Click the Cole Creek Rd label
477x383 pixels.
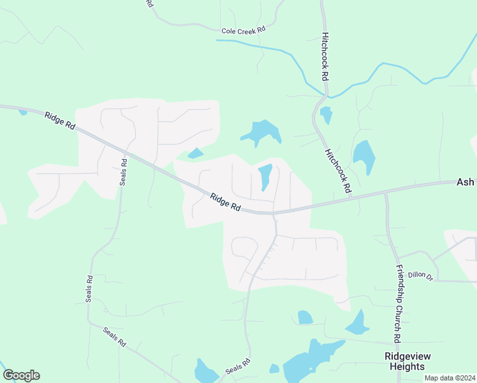[242, 31]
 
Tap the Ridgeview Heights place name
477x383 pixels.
[404, 361]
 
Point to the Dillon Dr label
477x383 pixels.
[421, 276]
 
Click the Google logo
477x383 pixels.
[21, 375]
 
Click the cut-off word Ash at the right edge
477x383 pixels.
[466, 182]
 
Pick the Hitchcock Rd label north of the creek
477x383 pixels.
[325, 56]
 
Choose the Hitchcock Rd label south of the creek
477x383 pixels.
[338, 171]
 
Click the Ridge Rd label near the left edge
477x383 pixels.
[60, 120]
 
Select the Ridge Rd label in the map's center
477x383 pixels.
[225, 202]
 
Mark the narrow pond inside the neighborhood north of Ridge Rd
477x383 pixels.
[265, 177]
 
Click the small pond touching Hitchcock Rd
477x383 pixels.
[327, 116]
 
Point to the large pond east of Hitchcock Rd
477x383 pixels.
[364, 156]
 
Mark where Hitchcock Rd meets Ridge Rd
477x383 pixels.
[352, 197]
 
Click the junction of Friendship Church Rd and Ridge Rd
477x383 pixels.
[385, 191]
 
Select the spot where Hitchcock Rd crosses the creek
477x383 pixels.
[325, 95]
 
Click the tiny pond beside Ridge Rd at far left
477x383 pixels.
[23, 112]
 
